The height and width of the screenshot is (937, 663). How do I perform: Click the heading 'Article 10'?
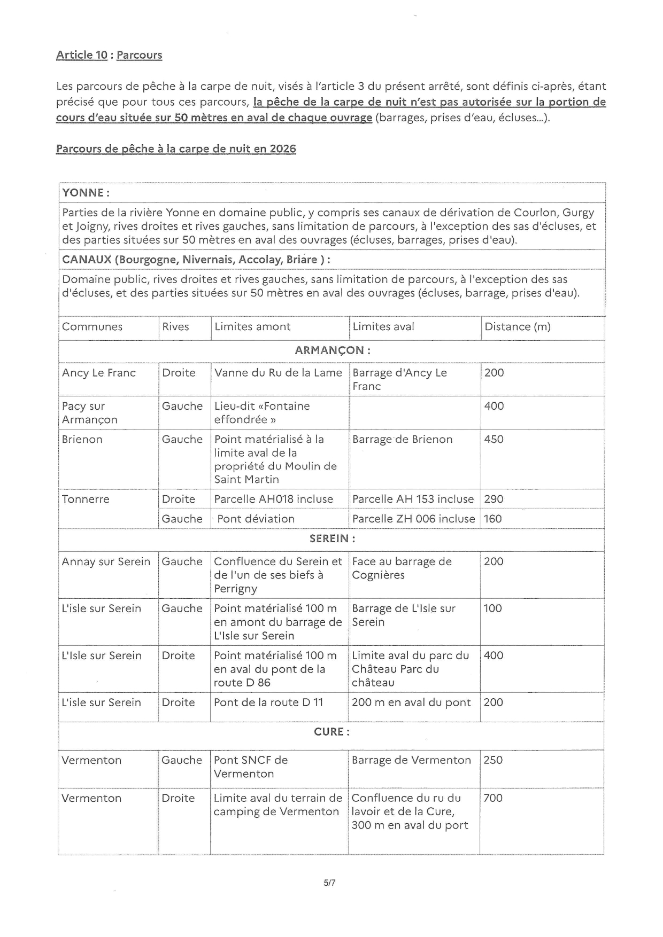coord(82,55)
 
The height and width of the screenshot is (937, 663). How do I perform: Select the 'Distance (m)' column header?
coord(517,326)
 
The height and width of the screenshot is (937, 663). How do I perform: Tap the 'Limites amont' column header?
coord(252,326)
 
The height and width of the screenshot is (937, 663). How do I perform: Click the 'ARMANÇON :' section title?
coord(332,350)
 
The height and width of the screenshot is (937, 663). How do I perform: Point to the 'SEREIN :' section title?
coord(332,538)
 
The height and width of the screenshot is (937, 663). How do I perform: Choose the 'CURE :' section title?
coord(332,732)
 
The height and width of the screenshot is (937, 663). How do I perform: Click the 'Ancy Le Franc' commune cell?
coord(99,373)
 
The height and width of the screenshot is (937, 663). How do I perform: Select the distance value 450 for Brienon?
coord(494,439)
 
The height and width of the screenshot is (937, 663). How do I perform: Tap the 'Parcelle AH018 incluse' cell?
coord(273,499)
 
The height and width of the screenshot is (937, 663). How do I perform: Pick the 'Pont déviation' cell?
coord(256,519)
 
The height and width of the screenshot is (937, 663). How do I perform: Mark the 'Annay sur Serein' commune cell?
coord(106,561)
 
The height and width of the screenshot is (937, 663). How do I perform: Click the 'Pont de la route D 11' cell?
coord(268,702)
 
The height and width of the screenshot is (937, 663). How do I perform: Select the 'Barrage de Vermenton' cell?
coord(411,760)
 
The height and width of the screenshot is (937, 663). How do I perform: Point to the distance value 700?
coord(493,798)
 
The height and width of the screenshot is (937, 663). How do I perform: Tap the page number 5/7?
coord(329,883)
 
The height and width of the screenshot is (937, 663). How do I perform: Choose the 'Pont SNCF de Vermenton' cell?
coord(251,767)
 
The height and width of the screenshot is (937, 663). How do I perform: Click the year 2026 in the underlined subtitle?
coord(283,149)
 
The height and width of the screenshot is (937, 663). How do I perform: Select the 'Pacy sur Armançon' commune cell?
coord(89,413)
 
